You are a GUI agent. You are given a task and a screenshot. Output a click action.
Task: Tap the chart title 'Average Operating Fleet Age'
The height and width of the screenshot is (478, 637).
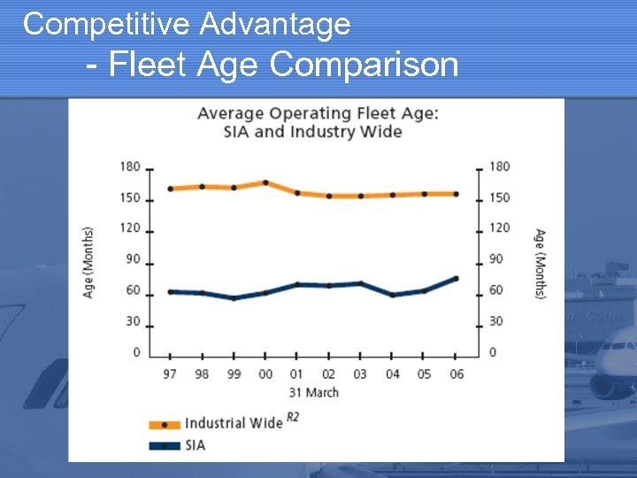point(317,113)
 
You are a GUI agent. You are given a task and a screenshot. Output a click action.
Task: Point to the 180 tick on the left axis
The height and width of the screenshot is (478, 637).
point(130,166)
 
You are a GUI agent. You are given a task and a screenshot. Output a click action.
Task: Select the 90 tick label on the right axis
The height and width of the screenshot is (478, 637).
point(499,259)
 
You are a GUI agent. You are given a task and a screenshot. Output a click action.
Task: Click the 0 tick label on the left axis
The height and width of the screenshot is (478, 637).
point(136,352)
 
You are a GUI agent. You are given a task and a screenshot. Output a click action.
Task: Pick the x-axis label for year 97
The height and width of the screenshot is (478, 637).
point(170,374)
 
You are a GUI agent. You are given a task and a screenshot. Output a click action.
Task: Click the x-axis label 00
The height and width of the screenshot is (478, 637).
point(265,374)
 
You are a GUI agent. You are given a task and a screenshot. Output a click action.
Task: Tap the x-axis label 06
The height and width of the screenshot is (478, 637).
point(457,374)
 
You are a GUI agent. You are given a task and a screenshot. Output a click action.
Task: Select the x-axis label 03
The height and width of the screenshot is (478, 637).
point(361,374)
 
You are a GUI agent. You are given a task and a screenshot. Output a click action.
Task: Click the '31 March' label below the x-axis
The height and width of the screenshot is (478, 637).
point(313,392)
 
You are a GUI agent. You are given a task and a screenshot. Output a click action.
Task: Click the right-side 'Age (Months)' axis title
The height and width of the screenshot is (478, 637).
point(540,263)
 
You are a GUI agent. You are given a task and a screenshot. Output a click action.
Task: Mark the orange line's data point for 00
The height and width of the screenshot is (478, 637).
point(265,182)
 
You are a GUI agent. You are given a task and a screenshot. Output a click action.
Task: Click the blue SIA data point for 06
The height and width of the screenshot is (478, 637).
point(457,278)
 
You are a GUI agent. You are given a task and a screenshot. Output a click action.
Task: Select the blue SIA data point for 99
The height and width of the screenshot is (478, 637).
point(234,298)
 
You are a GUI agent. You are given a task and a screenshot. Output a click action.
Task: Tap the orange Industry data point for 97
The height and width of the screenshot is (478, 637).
point(170,189)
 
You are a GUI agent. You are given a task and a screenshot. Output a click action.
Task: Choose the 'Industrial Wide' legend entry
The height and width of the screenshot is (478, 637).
point(233,423)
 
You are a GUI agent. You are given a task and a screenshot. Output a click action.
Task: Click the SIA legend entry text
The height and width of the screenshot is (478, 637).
point(195,445)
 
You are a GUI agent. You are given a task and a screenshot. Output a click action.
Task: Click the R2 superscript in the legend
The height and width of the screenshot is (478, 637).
point(292,418)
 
